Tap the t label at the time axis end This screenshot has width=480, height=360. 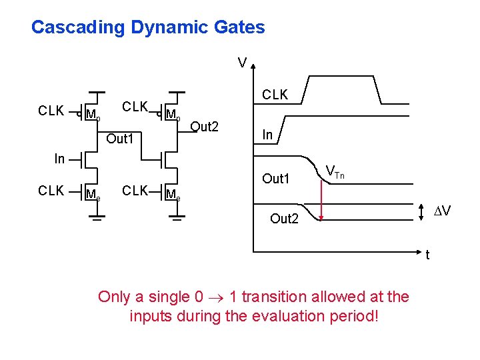click(428, 255)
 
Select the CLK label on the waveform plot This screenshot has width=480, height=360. click(275, 95)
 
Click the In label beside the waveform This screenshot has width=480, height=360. click(267, 135)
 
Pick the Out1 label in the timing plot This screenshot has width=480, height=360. click(276, 179)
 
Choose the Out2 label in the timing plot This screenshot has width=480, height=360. click(284, 219)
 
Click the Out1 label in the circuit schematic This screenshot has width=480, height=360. click(121, 139)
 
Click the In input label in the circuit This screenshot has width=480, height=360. click(59, 159)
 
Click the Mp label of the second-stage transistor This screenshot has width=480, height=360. click(173, 115)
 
